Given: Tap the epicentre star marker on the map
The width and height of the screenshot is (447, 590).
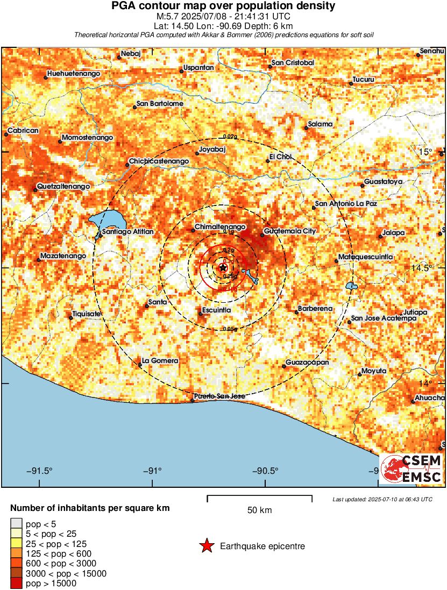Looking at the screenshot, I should (x=223, y=267).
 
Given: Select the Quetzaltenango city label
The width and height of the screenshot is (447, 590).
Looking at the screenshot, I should (x=63, y=187).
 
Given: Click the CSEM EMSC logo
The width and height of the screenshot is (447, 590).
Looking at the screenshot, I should (x=411, y=468).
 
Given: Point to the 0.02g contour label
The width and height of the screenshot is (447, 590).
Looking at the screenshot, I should (x=230, y=137).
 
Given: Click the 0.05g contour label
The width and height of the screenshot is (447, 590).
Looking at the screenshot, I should (x=230, y=329).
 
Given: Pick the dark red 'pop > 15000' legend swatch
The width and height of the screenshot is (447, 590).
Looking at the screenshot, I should (x=17, y=584).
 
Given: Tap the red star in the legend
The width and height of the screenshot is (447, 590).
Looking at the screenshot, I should (x=206, y=546).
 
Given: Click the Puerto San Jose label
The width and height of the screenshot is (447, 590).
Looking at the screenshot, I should (x=219, y=396).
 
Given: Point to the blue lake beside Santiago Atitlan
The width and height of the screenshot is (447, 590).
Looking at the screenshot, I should (x=108, y=220).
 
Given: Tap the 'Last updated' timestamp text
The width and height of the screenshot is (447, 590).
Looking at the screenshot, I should (x=382, y=499).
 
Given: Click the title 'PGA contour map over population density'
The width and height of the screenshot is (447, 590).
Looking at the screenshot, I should (x=223, y=6).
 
